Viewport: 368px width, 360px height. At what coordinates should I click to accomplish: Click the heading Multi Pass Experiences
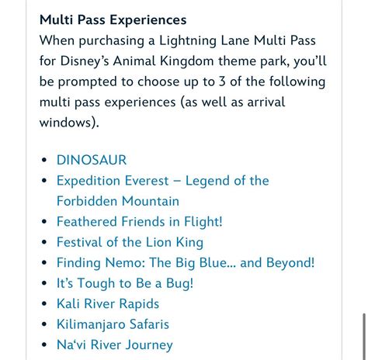point(113,19)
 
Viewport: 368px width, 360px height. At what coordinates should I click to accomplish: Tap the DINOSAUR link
point(91,161)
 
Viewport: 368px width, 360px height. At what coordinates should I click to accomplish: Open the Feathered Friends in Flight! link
point(139,222)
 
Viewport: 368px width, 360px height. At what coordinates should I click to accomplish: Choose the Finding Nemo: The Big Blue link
point(185,263)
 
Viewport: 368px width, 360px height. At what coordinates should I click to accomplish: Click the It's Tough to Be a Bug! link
point(124,283)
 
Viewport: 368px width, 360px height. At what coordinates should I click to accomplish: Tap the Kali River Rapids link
point(107,304)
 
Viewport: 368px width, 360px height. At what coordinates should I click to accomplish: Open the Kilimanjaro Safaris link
point(112,324)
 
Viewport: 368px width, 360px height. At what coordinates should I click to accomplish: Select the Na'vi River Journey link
point(114,345)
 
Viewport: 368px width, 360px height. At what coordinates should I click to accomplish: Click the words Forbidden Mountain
point(117,202)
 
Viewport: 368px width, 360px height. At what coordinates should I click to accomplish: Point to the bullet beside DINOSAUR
point(44,161)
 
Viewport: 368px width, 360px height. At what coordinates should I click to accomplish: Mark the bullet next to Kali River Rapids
point(44,304)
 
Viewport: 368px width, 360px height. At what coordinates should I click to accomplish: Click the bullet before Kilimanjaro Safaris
point(44,325)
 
